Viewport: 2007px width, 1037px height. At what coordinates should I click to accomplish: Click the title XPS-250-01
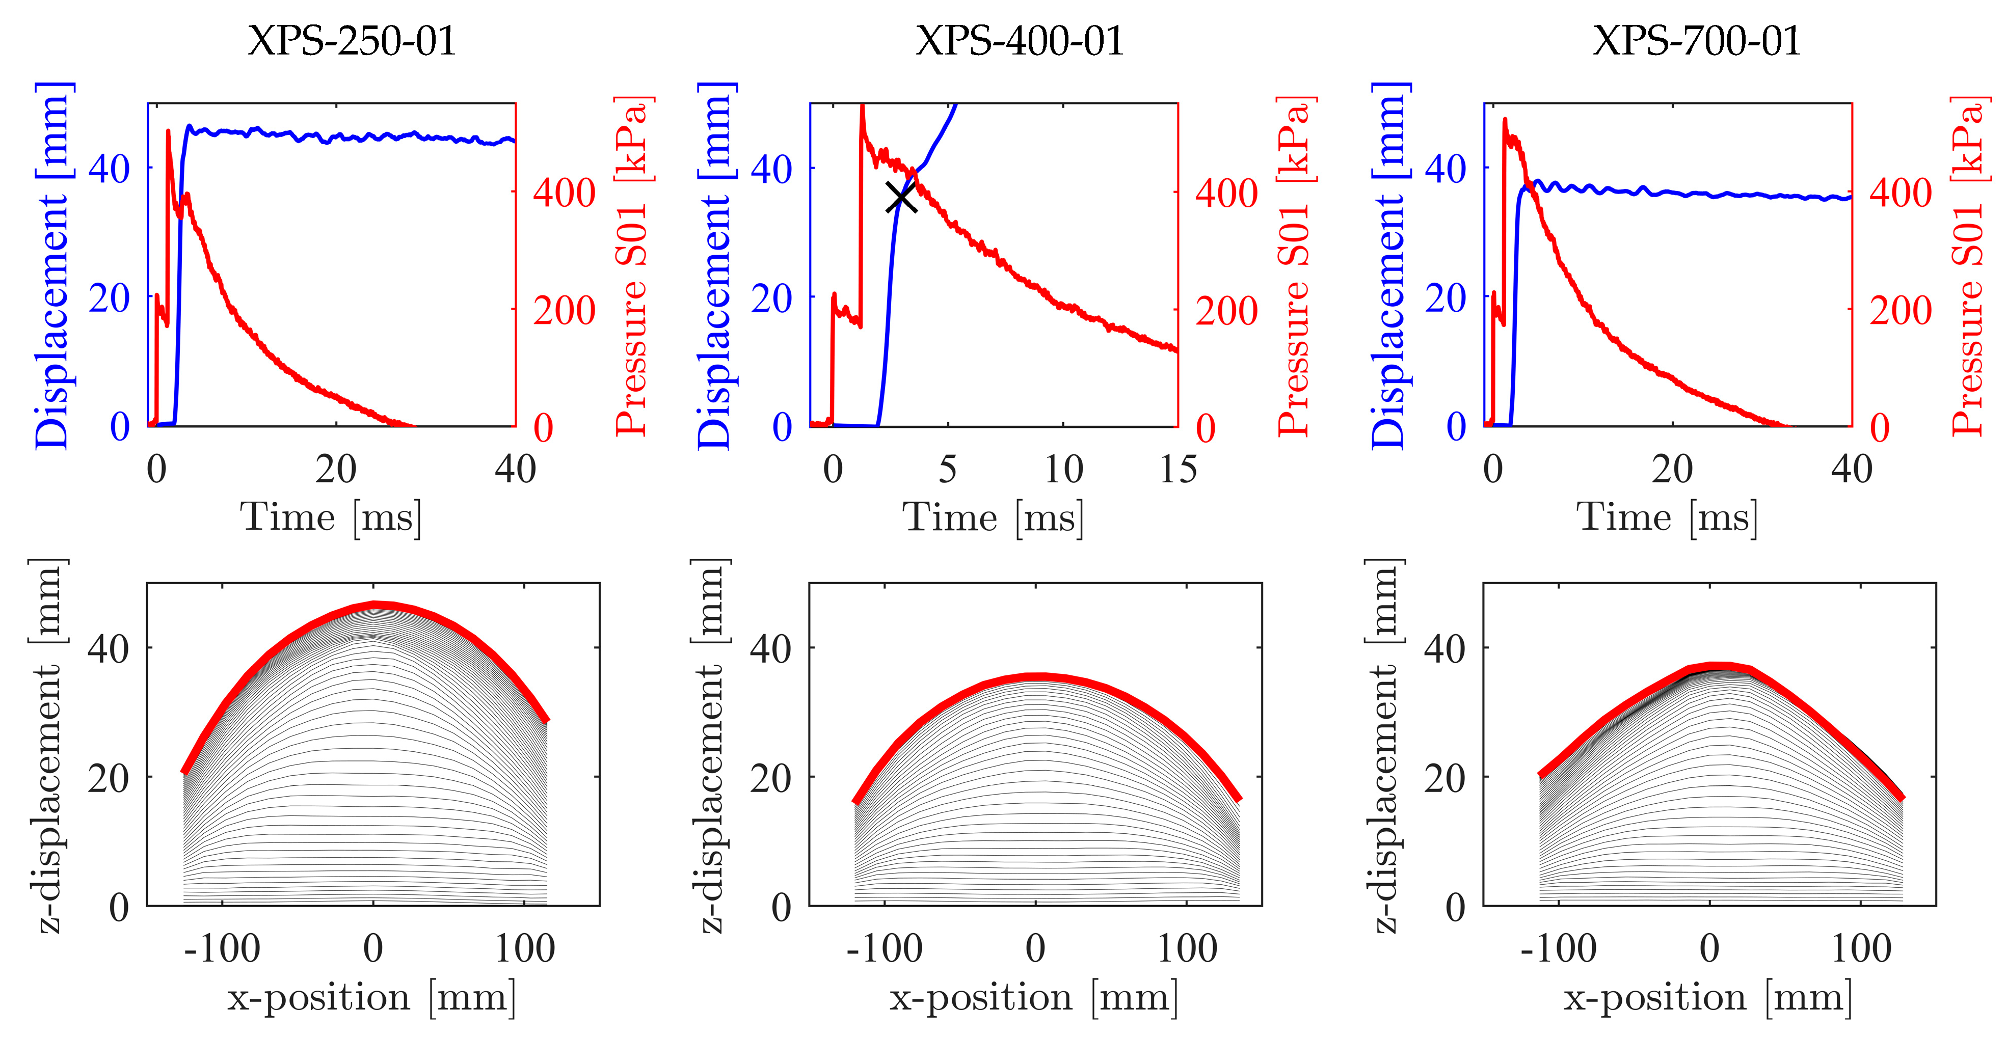tap(352, 41)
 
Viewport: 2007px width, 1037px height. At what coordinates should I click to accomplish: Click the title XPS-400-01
tap(1020, 41)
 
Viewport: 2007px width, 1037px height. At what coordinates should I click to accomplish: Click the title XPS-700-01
tap(1696, 41)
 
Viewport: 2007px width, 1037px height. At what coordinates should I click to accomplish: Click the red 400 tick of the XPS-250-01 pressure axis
tap(564, 193)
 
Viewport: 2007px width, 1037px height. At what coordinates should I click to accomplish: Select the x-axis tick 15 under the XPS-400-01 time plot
tap(1177, 470)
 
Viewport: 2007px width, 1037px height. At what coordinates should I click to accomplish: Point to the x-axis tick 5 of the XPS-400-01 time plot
tap(947, 470)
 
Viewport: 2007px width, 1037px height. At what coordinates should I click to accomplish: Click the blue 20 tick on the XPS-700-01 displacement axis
tap(1446, 297)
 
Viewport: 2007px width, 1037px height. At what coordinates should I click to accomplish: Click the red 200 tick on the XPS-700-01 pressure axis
tap(1901, 310)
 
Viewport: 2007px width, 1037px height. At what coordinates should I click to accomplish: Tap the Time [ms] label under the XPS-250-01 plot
tap(331, 517)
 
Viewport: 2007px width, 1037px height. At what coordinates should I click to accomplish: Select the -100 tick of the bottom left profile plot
tap(222, 949)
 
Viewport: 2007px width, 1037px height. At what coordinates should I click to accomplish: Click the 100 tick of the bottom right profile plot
tap(1861, 949)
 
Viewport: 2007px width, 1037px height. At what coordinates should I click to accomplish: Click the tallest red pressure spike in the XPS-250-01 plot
tap(168, 132)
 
